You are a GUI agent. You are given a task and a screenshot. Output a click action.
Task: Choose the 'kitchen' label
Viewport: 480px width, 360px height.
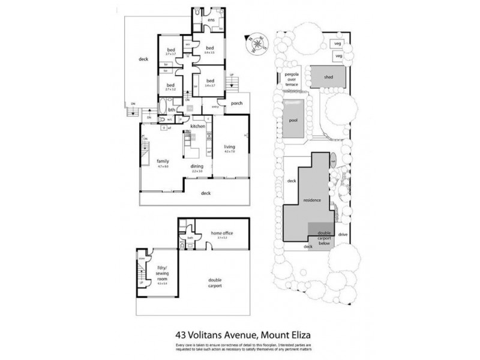click(198, 127)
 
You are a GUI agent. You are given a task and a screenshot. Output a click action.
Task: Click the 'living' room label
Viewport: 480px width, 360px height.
click(229, 146)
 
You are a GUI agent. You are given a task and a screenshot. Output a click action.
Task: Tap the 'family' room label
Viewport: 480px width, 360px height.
click(163, 161)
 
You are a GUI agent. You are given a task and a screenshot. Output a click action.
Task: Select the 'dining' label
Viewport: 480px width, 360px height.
click(197, 166)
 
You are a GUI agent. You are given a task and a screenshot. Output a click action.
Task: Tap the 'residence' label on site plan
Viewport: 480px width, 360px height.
click(313, 200)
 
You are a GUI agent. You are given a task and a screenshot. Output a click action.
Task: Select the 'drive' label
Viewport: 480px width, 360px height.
click(343, 234)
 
